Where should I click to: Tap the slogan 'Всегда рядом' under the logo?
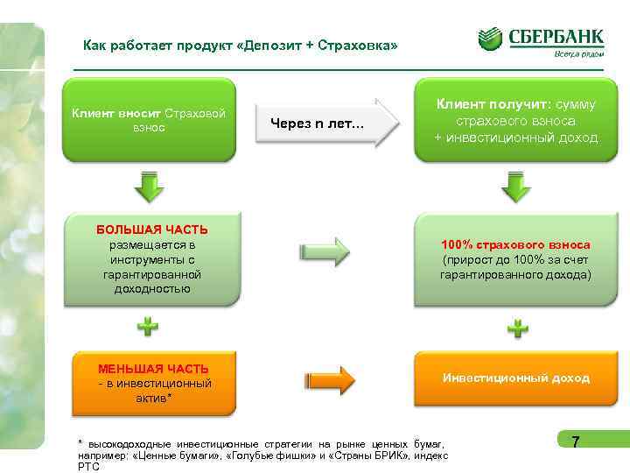tap(578, 54)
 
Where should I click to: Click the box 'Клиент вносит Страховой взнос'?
tap(149, 121)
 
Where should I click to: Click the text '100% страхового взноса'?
tap(515, 245)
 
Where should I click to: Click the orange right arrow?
tap(331, 379)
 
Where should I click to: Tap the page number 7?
tap(575, 442)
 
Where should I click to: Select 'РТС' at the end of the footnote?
tap(88, 467)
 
